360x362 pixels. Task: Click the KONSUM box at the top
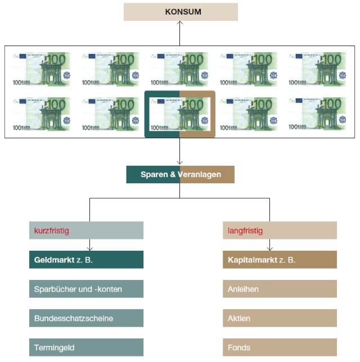point(181,12)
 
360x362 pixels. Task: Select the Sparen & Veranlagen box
point(180,175)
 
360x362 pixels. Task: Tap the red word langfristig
point(245,230)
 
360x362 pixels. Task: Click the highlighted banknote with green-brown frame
point(180,114)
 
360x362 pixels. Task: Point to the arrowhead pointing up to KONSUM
point(180,23)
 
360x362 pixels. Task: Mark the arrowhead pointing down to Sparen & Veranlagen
point(180,164)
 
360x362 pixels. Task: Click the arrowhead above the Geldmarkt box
point(90,248)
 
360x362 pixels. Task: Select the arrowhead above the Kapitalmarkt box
point(270,248)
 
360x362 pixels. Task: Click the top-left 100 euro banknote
point(42,69)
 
